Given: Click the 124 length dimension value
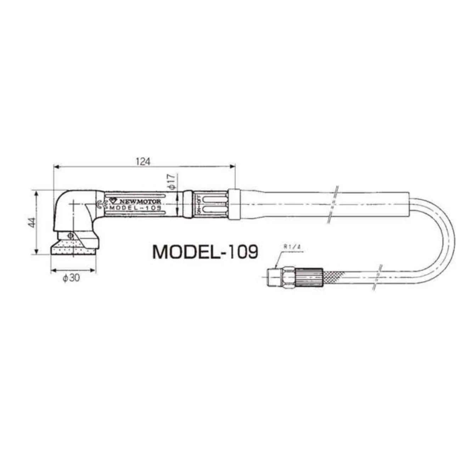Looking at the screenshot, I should click(x=143, y=162).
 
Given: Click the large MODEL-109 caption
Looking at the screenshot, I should click(x=205, y=252).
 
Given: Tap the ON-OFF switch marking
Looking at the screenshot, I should click(x=198, y=204).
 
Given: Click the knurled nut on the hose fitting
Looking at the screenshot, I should click(x=309, y=277).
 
